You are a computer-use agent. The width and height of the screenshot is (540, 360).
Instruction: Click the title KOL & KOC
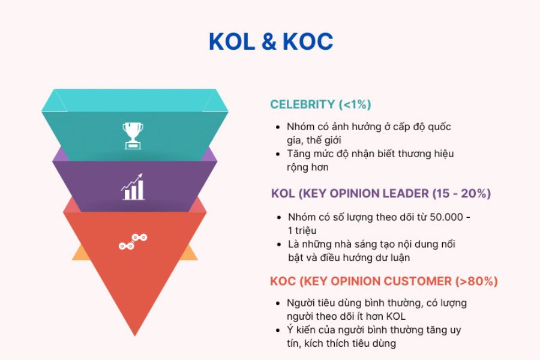pyautogui.click(x=271, y=42)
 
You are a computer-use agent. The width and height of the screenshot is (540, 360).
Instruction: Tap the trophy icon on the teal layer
pyautogui.click(x=133, y=135)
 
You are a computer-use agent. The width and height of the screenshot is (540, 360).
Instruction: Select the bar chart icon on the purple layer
pyautogui.click(x=133, y=187)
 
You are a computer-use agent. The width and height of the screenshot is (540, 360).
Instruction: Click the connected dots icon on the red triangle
pyautogui.click(x=133, y=242)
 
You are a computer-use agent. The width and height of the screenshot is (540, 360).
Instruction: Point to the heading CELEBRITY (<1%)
pyautogui.click(x=320, y=104)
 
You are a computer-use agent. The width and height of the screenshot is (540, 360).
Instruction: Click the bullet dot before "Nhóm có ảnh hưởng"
pyautogui.click(x=277, y=128)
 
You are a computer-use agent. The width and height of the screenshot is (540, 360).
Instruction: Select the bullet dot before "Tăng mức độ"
pyautogui.click(x=277, y=154)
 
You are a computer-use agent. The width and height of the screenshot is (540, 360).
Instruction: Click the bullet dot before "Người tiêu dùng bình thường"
pyautogui.click(x=277, y=304)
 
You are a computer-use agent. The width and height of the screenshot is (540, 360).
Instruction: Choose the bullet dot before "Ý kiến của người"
pyautogui.click(x=277, y=331)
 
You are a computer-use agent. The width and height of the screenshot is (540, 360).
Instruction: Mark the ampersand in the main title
pyautogui.click(x=270, y=42)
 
